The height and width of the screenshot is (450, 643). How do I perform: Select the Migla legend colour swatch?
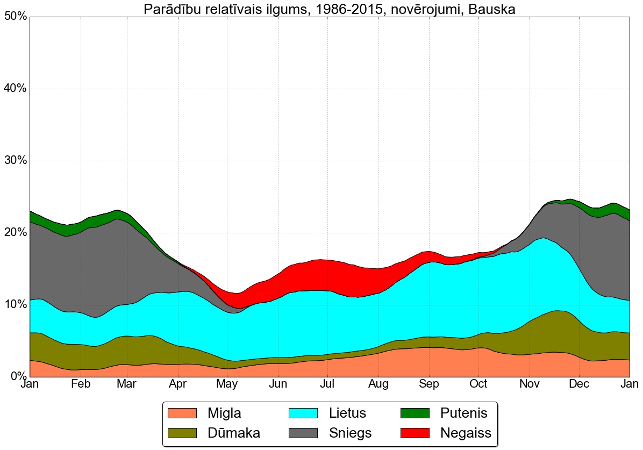pos(182,413)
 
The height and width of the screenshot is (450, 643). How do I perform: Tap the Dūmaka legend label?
pos(234,433)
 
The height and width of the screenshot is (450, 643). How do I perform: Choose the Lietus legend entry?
pos(347,413)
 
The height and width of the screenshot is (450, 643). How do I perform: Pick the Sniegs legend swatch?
pos(304,433)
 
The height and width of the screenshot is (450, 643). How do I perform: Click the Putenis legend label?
pos(463,413)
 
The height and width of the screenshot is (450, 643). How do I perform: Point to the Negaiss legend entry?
pos(466,433)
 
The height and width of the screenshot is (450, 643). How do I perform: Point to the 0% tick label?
pos(17,376)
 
